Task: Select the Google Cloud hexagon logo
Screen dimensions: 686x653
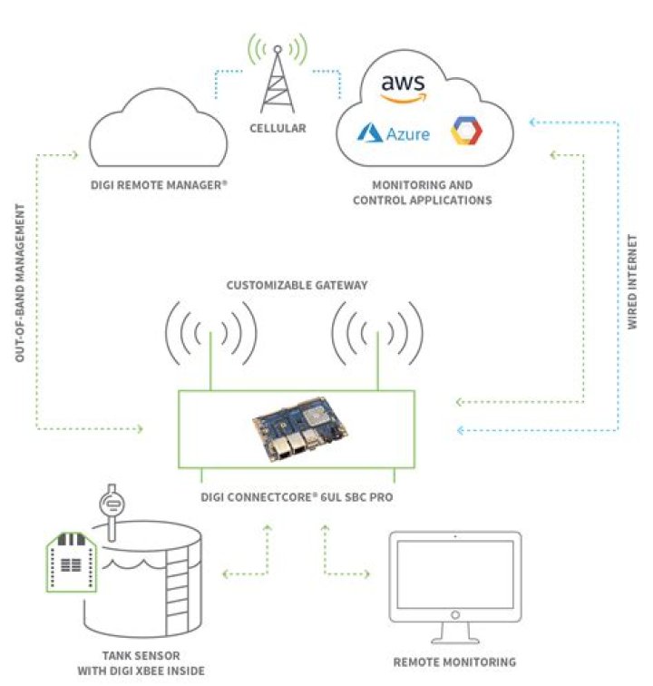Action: coord(467,132)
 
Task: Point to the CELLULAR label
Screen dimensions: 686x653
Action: coord(278,129)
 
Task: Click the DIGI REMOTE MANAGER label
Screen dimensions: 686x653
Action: coord(160,184)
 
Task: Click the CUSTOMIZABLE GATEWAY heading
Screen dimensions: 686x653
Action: coord(297,285)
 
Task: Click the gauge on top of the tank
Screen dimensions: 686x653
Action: coord(113,505)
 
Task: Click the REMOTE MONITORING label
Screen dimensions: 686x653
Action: coord(454,661)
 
